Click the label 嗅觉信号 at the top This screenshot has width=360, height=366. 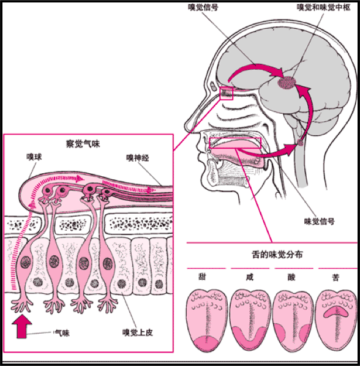pyautogui.click(x=203, y=7)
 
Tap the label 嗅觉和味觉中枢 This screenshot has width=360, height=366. pyautogui.click(x=324, y=7)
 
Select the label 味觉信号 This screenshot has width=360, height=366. pyautogui.click(x=319, y=222)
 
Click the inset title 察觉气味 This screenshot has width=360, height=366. pyautogui.click(x=83, y=144)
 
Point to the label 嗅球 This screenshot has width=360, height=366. pyautogui.click(x=34, y=157)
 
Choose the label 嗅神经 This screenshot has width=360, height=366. pyautogui.click(x=138, y=158)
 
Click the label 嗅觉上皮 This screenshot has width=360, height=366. pyautogui.click(x=138, y=332)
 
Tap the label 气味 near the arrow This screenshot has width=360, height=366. pyautogui.click(x=62, y=333)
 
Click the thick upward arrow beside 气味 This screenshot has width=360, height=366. pyautogui.click(x=21, y=326)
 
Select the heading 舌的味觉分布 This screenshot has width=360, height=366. pyautogui.click(x=277, y=255)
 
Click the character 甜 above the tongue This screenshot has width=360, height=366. pyautogui.click(x=202, y=277)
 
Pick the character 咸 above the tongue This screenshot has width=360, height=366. pyautogui.click(x=250, y=277)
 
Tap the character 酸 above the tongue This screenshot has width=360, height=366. pyautogui.click(x=291, y=277)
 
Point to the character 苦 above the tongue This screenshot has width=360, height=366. pyautogui.click(x=336, y=277)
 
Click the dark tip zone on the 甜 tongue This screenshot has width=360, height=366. pyautogui.click(x=206, y=343)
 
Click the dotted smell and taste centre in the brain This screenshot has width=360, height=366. pyautogui.click(x=287, y=83)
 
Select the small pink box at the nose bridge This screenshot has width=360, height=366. pyautogui.click(x=227, y=93)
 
